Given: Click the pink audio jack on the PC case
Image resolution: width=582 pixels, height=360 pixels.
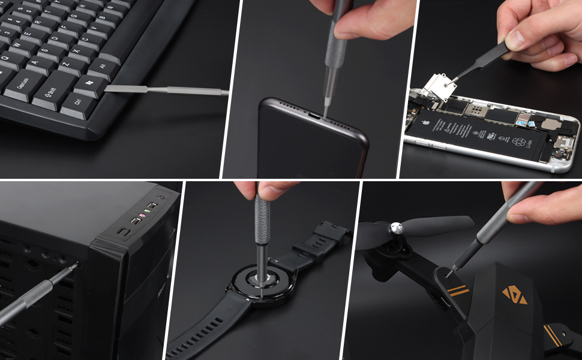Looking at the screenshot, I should (142, 216).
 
